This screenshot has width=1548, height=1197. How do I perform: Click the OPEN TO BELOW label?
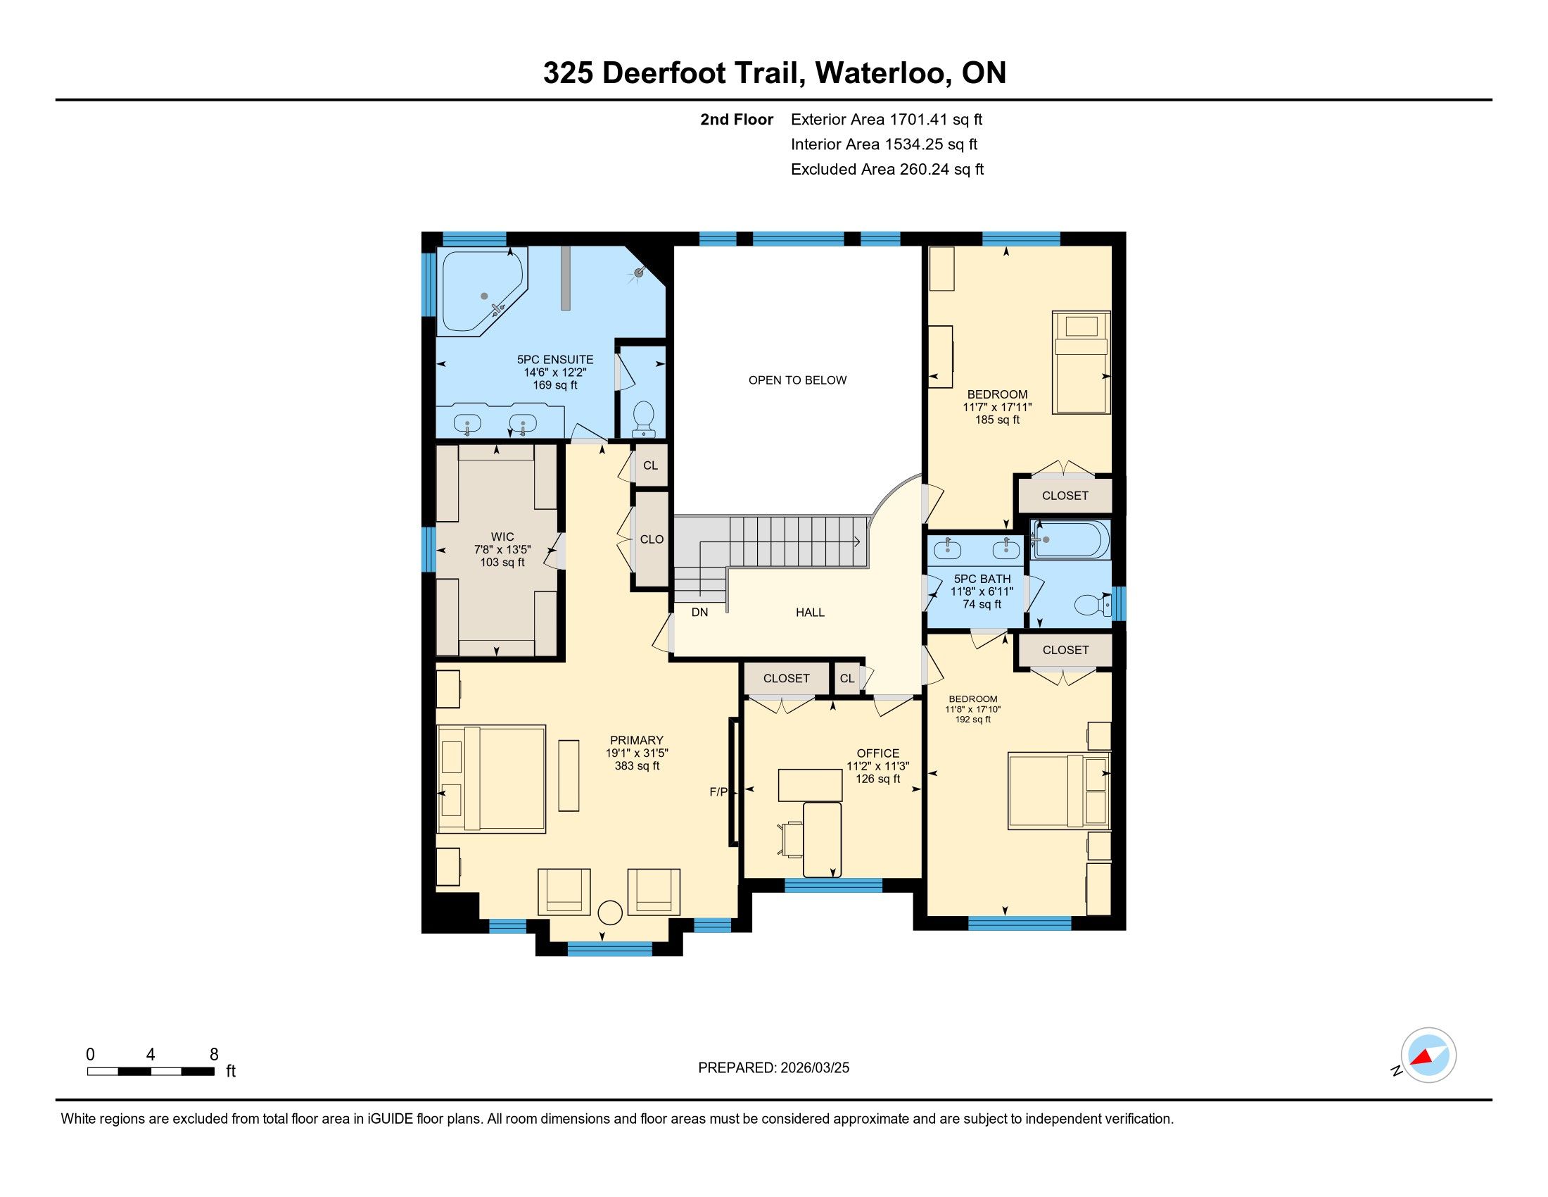797,380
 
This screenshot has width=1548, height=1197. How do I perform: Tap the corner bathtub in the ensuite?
483,292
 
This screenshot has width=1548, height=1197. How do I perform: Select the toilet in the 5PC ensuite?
644,418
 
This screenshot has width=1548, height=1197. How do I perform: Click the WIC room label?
502,537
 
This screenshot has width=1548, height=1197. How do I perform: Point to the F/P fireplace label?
718,792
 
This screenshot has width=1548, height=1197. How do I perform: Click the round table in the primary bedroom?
609,913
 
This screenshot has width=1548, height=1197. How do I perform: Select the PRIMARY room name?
637,740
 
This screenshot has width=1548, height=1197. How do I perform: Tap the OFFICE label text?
877,753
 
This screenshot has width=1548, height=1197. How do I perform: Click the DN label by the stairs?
699,612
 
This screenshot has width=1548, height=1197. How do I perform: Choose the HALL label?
810,612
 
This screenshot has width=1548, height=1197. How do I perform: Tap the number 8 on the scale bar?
214,1055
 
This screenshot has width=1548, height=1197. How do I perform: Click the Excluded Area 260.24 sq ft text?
887,170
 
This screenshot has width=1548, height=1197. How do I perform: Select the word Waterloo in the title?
882,73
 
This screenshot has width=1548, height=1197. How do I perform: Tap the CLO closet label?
652,539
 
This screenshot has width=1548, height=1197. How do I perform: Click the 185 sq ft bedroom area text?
996,420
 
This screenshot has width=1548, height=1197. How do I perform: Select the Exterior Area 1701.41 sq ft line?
887,119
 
